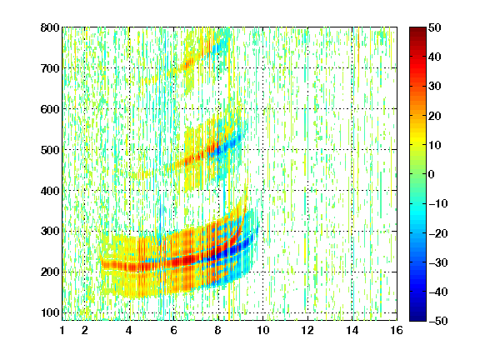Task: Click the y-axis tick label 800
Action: [x=50, y=27]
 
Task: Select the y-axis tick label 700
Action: [x=50, y=68]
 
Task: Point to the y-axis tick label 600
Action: [x=50, y=109]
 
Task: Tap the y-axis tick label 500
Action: [x=50, y=150]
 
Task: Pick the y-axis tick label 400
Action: [x=50, y=191]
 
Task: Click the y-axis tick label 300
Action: [x=50, y=232]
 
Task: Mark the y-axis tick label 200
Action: [x=50, y=272]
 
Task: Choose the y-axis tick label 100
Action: [x=50, y=312]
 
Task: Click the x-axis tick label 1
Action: [x=62, y=331]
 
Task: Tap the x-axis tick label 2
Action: [x=85, y=331]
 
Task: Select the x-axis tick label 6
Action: [x=174, y=331]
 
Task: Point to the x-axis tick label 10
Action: [x=263, y=331]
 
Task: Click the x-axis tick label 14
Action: [x=352, y=331]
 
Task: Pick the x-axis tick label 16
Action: [x=397, y=331]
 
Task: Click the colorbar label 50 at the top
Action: [x=435, y=27]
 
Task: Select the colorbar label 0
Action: [x=432, y=174]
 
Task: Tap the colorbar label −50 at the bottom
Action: [x=438, y=321]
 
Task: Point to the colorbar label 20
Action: [x=435, y=116]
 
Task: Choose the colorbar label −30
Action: [x=438, y=262]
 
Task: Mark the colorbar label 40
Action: [x=435, y=57]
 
